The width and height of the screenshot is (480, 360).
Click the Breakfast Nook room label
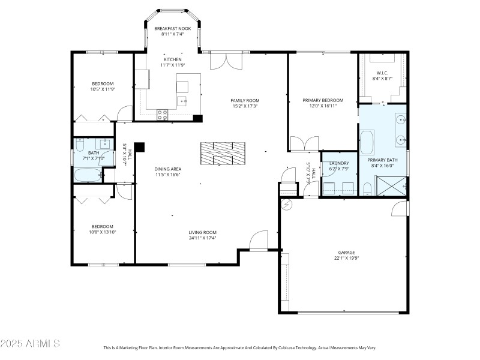click(x=172, y=28)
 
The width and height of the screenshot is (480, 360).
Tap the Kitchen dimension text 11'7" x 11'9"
click(x=172, y=65)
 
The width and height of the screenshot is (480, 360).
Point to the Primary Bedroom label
click(x=323, y=100)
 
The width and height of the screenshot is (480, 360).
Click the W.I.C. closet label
click(x=382, y=73)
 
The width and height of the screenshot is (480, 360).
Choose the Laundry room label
click(x=339, y=163)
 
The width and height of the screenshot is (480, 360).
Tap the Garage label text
click(x=347, y=253)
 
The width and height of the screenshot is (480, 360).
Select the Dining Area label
click(x=168, y=169)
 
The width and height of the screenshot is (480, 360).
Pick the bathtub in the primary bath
click(x=367, y=143)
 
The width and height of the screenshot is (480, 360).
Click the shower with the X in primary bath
click(x=391, y=187)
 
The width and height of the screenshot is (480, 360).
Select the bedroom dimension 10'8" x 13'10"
click(x=103, y=232)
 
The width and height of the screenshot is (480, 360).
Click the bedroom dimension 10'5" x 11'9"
click(x=103, y=89)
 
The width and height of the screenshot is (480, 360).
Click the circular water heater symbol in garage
click(x=286, y=205)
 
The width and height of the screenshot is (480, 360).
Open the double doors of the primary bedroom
click(x=304, y=144)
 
